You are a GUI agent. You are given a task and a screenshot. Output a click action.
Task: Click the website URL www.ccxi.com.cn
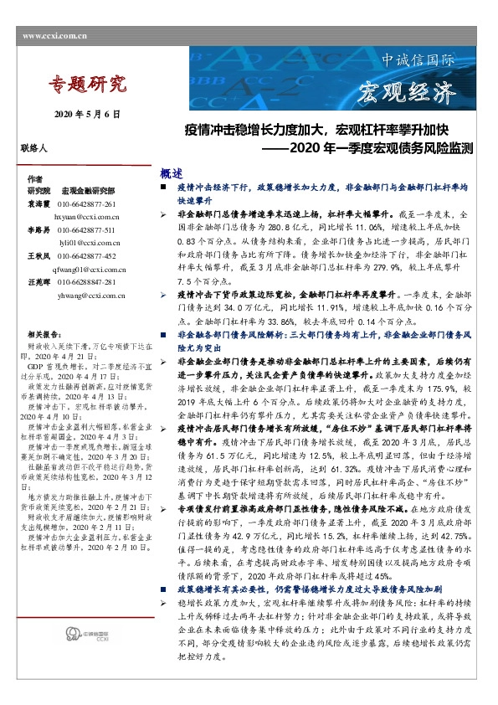[x=52, y=35]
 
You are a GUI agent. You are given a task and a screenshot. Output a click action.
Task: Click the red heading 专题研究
[x=87, y=84]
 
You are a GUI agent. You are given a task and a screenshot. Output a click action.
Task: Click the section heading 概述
[x=172, y=174]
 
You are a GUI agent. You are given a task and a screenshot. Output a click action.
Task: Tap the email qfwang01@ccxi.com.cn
[x=89, y=270]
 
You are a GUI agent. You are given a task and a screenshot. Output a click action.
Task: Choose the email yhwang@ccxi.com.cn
[x=90, y=296]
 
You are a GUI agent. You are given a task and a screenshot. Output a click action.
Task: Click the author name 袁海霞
[x=38, y=204]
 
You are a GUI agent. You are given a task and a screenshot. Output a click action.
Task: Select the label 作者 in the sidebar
[x=34, y=180]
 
